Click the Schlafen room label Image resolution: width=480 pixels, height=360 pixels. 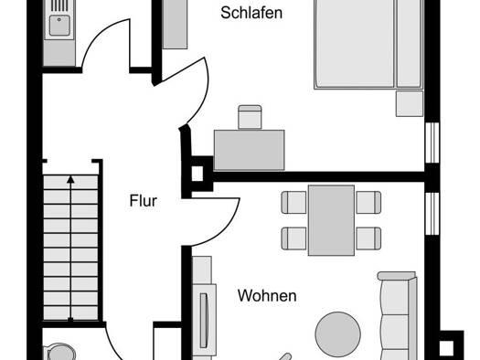(251, 13)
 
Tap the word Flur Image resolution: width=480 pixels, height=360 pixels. (144, 201)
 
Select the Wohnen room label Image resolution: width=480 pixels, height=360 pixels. (267, 296)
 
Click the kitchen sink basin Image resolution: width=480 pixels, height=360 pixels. (59, 26)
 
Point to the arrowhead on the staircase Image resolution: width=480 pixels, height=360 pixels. (70, 179)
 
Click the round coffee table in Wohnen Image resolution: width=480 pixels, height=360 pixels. (338, 334)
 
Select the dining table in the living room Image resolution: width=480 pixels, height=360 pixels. (332, 220)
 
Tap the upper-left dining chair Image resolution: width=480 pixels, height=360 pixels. (293, 202)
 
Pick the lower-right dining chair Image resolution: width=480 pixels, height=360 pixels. (368, 238)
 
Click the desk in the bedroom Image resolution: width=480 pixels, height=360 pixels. (250, 150)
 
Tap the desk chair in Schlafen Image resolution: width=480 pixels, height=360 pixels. (250, 117)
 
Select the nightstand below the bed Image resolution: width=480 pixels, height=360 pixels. (410, 103)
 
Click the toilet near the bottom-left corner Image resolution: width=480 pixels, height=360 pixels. (61, 353)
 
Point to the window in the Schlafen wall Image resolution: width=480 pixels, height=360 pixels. (432, 143)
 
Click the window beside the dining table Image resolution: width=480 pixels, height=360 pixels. (432, 214)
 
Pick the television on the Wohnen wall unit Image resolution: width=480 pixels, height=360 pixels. (204, 320)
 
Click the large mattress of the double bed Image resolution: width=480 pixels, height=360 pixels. (355, 44)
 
